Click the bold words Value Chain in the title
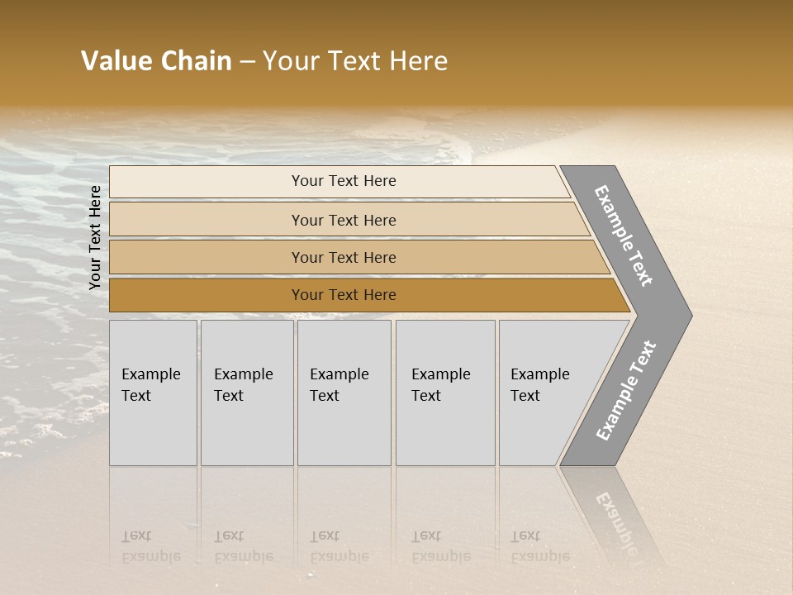point(156,61)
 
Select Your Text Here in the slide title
point(355,61)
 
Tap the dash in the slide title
point(247,62)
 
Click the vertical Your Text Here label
point(95,238)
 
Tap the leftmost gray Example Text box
point(153,393)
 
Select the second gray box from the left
point(246,393)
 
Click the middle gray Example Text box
point(344,393)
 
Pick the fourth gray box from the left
point(445,393)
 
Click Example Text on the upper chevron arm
point(624,235)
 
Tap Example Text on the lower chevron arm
point(626,390)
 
